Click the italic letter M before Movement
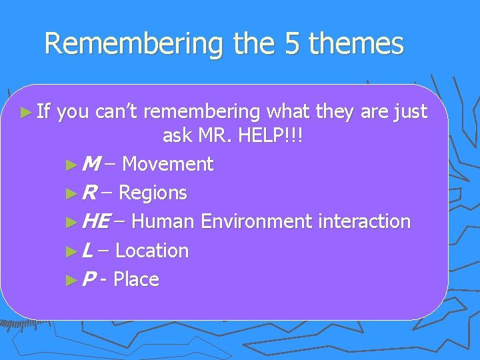[x=93, y=164]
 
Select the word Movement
[x=168, y=164]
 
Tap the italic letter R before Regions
[x=89, y=193]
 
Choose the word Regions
[x=153, y=193]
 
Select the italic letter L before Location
[x=88, y=251]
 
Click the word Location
[x=152, y=251]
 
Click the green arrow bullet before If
[x=25, y=111]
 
